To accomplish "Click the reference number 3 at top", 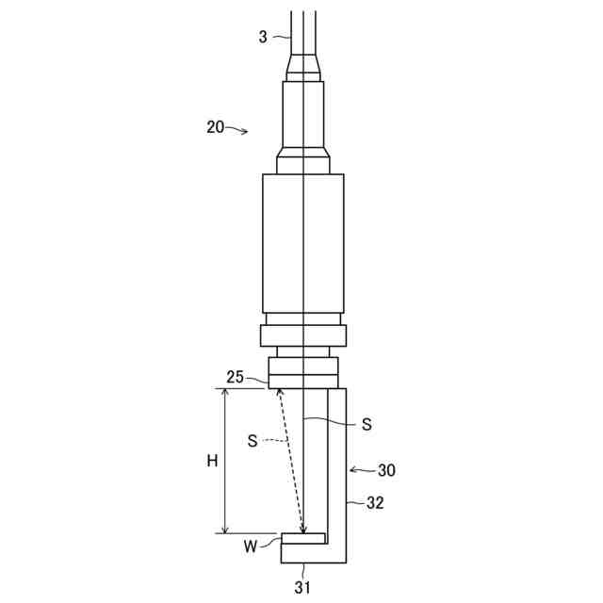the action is [263, 38].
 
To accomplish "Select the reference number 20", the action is [216, 127].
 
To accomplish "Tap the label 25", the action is [235, 377].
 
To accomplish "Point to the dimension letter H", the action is [212, 461].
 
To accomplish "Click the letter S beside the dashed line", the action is [253, 441].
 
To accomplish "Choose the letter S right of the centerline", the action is [367, 424].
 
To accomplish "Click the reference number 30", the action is [386, 470].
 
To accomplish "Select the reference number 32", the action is [375, 502].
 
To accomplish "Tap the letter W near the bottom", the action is [251, 546].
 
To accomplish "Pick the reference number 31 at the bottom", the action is [302, 587].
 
